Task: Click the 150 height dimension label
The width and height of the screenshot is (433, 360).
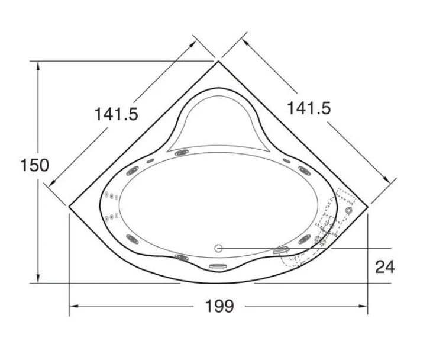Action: point(35,165)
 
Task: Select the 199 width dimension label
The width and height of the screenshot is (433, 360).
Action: point(219,306)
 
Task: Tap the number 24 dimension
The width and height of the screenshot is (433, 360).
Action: point(385,267)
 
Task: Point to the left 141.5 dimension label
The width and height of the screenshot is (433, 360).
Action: point(116,114)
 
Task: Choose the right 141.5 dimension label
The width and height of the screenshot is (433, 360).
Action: point(309,108)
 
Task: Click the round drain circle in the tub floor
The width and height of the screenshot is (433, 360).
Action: point(218,248)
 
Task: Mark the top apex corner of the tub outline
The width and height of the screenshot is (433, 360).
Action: point(218,61)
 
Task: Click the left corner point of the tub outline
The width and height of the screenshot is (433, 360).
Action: point(69,206)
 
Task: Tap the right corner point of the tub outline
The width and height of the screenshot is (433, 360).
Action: point(368,206)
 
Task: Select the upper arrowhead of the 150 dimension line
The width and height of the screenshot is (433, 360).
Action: point(38,66)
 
